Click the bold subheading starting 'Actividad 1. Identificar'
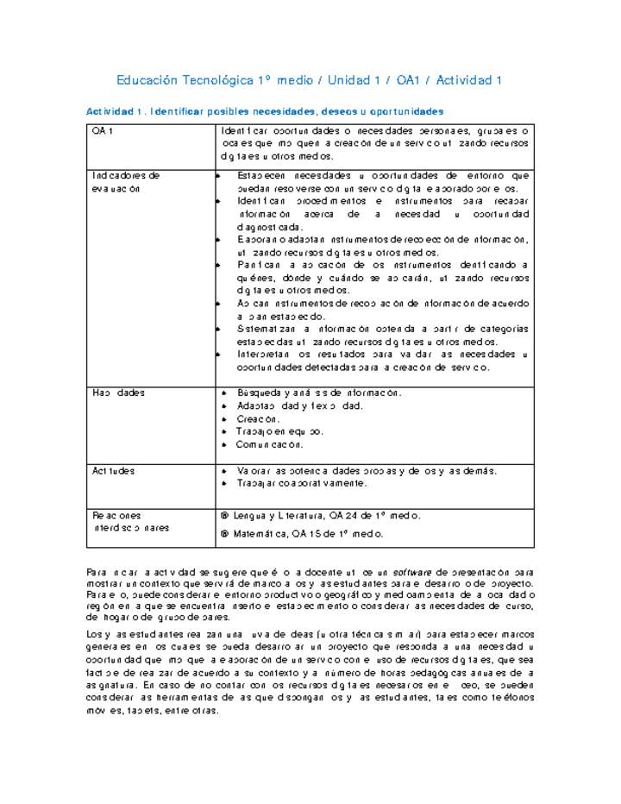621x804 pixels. pyautogui.click(x=265, y=111)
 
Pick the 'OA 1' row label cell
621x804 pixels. pyautogui.click(x=103, y=130)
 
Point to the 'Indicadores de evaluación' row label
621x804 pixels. pyautogui.click(x=126, y=181)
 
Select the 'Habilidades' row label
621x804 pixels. pyautogui.click(x=119, y=393)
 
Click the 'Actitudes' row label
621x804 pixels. pyautogui.click(x=114, y=471)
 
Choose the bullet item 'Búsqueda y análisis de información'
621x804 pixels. pyautogui.click(x=319, y=393)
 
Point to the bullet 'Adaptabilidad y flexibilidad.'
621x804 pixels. pyautogui.click(x=299, y=405)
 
